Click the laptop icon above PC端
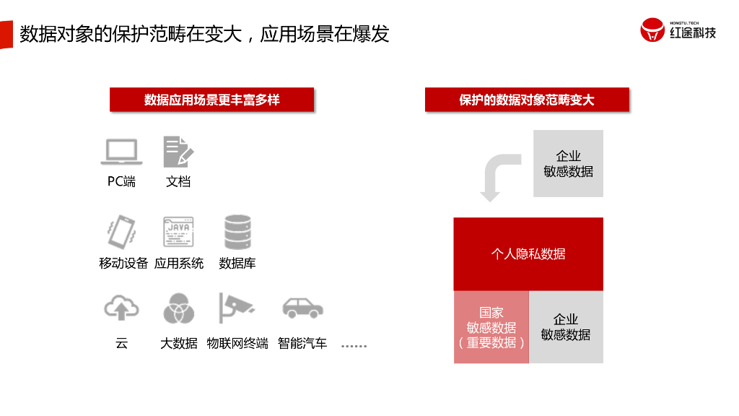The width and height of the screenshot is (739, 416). pyautogui.click(x=121, y=152)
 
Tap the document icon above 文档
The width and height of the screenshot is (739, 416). pyautogui.click(x=178, y=152)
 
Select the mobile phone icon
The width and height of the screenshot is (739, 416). pyautogui.click(x=121, y=232)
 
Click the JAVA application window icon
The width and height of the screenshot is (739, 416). pyautogui.click(x=178, y=232)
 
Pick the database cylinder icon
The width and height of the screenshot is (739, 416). pyautogui.click(x=237, y=232)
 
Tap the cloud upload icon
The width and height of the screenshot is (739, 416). pyautogui.click(x=121, y=309)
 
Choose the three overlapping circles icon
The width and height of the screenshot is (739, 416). pyautogui.click(x=178, y=309)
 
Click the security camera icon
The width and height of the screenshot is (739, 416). pyautogui.click(x=237, y=309)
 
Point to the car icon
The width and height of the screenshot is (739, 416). pyautogui.click(x=302, y=309)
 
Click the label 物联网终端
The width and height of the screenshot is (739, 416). pyautogui.click(x=237, y=343)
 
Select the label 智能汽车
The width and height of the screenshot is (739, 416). pyautogui.click(x=302, y=343)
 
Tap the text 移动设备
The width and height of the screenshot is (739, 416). pyautogui.click(x=123, y=263)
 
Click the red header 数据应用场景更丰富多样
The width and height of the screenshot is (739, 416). pyautogui.click(x=211, y=100)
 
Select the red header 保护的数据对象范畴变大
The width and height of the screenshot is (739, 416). pyautogui.click(x=527, y=100)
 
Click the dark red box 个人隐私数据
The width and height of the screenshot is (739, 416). pyautogui.click(x=528, y=253)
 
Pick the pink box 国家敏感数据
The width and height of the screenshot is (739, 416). pyautogui.click(x=491, y=327)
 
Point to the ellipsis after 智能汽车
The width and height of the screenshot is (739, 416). pyautogui.click(x=354, y=346)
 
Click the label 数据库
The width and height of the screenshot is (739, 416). pyautogui.click(x=237, y=263)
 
